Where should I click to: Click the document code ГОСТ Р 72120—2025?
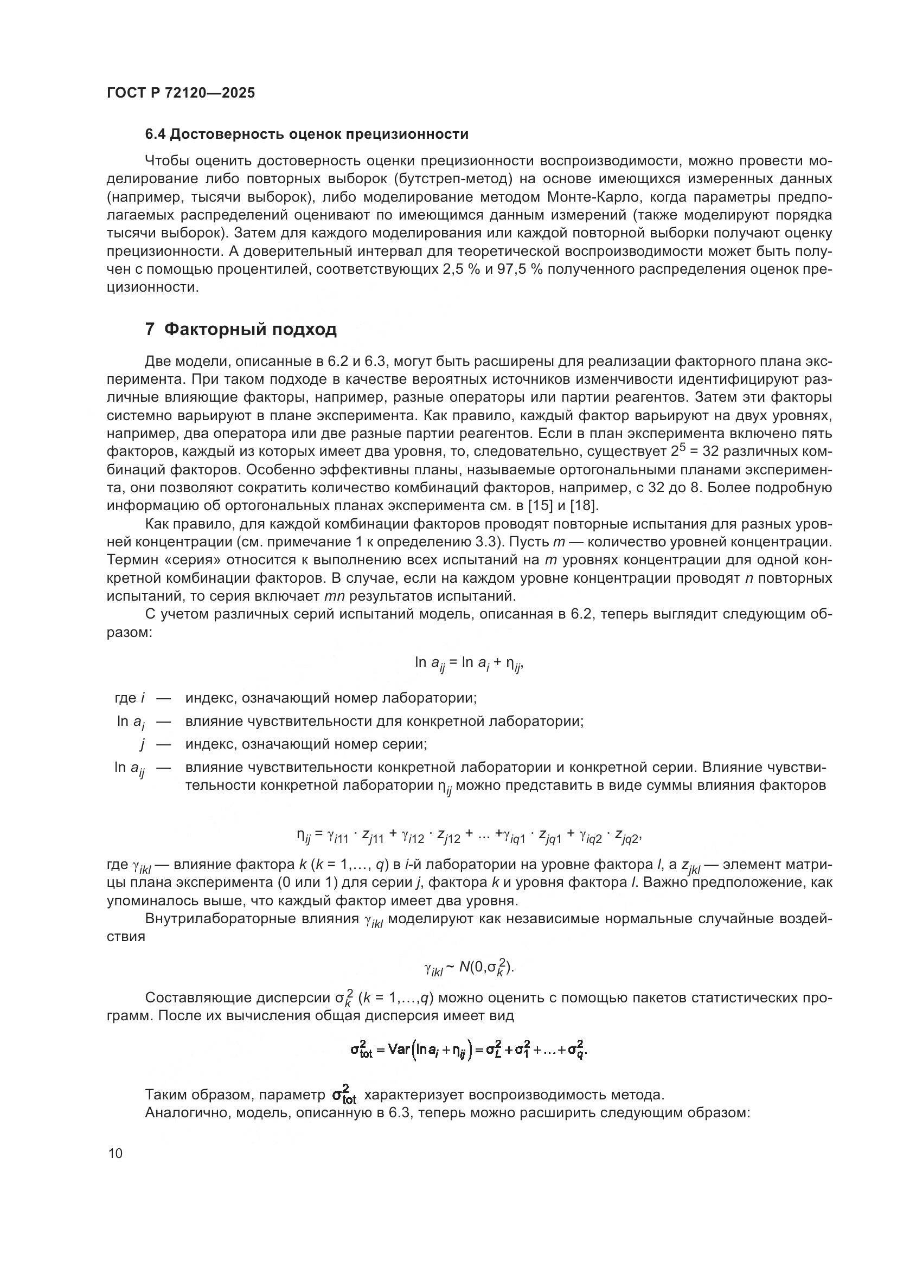point(181,93)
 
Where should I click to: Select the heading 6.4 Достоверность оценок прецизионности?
point(306,134)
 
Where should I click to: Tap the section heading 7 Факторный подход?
point(240,330)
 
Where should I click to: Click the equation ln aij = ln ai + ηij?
point(469,663)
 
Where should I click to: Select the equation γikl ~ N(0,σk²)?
point(469,968)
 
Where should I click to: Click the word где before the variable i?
point(125,698)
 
